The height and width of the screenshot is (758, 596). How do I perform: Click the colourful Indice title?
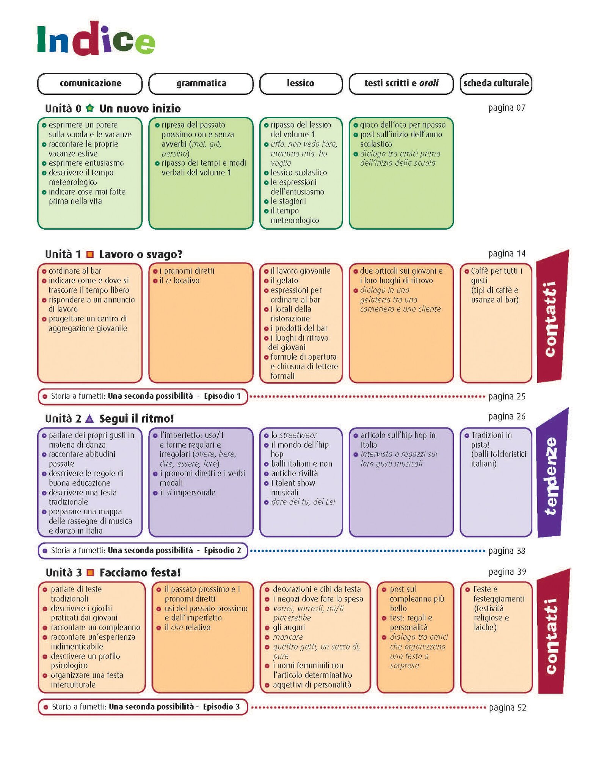pyautogui.click(x=96, y=39)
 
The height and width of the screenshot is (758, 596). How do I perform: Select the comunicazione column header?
pyautogui.click(x=90, y=83)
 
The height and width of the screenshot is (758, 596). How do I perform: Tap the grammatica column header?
pyautogui.click(x=201, y=83)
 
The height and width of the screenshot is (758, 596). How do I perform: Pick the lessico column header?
pyautogui.click(x=301, y=83)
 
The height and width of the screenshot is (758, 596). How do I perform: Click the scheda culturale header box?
pyautogui.click(x=496, y=83)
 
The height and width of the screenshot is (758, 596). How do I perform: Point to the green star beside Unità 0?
pyautogui.click(x=90, y=108)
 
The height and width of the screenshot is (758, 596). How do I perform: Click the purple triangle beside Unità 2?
pyautogui.click(x=89, y=419)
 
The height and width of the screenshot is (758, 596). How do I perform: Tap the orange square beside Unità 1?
pyautogui.click(x=90, y=254)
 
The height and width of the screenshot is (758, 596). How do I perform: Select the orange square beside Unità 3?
pyautogui.click(x=90, y=573)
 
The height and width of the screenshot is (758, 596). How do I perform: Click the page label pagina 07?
pyautogui.click(x=507, y=108)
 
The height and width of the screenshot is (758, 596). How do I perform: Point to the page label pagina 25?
pyautogui.click(x=507, y=397)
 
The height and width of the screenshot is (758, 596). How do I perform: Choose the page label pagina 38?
pyautogui.click(x=507, y=551)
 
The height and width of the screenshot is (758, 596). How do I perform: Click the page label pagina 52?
pyautogui.click(x=507, y=708)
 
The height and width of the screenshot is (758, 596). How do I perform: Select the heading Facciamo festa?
pyautogui.click(x=140, y=573)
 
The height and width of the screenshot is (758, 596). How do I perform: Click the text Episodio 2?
pyautogui.click(x=222, y=550)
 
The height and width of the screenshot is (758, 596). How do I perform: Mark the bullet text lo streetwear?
pyautogui.click(x=294, y=435)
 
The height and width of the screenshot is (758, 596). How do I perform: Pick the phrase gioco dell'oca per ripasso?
pyautogui.click(x=403, y=125)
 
